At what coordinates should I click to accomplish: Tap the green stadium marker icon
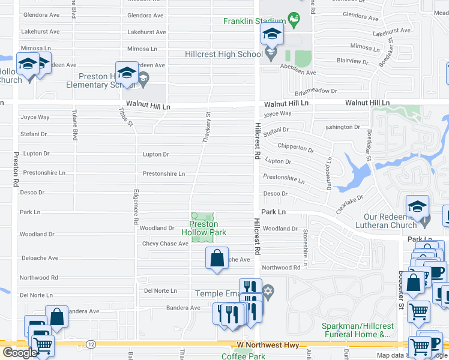(294, 20)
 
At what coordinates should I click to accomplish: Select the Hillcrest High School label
(224, 54)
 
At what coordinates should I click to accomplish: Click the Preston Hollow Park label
(203, 228)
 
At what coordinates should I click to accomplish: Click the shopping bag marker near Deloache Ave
(217, 258)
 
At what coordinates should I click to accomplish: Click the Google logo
(20, 352)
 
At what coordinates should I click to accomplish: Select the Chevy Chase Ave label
(165, 244)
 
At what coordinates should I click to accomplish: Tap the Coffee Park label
(244, 356)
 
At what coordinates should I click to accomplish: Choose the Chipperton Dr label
(296, 148)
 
